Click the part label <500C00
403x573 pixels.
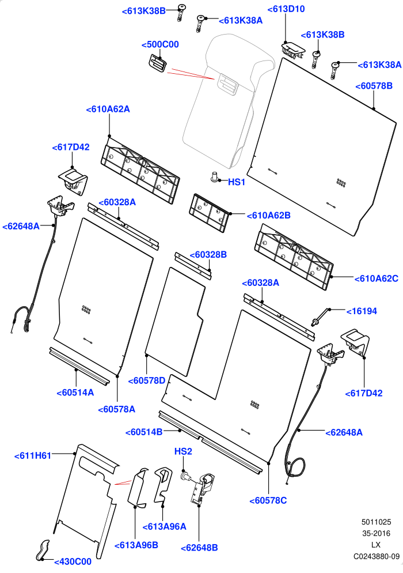click(x=160, y=44)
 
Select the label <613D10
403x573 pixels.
click(x=286, y=9)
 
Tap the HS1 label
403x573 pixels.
click(x=237, y=182)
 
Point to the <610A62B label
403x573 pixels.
click(x=269, y=216)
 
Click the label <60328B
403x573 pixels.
click(x=208, y=255)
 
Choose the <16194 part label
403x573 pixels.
click(x=362, y=311)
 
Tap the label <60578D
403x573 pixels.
click(x=147, y=381)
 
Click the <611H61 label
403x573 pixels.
click(x=32, y=456)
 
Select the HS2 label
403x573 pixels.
click(x=183, y=452)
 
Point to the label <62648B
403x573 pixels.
click(x=199, y=548)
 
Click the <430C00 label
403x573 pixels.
click(x=73, y=562)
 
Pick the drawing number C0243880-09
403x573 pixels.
click(x=377, y=556)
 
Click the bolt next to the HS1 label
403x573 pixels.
click(x=214, y=176)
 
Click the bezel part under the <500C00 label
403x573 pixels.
click(x=157, y=65)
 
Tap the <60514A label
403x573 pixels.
click(x=75, y=393)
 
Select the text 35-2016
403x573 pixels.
click(x=377, y=534)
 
